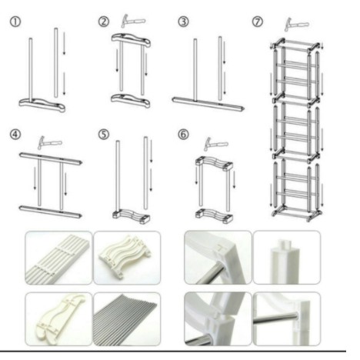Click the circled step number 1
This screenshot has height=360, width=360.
[15, 22]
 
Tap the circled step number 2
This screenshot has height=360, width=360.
[104, 22]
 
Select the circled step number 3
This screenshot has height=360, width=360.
[183, 22]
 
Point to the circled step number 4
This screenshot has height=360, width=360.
[15, 135]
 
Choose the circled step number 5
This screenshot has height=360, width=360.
[104, 135]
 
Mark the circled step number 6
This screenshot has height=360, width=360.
[183, 135]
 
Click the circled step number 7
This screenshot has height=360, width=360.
[258, 22]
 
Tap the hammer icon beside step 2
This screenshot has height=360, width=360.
[133, 22]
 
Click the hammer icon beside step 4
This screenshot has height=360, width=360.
[49, 143]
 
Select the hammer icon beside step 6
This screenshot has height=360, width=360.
[215, 145]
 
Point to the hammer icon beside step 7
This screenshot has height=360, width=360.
[297, 25]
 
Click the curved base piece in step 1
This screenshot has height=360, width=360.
[42, 105]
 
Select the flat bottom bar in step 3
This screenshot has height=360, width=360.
[208, 104]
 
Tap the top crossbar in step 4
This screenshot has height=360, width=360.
[51, 159]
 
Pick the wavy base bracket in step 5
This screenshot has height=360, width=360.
[132, 216]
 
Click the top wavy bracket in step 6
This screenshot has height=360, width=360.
[214, 163]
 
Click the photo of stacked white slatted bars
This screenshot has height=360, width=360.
[58, 258]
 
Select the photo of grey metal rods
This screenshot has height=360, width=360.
[127, 319]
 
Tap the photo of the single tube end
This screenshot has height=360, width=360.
[287, 257]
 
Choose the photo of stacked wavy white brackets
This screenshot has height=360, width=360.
[127, 258]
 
